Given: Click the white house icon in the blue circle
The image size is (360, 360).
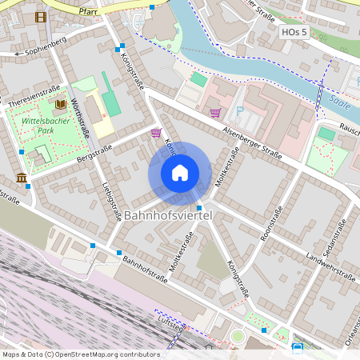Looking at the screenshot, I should pyautogui.click(x=180, y=173).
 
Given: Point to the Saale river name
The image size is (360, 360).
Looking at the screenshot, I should pyautogui.click(x=338, y=100).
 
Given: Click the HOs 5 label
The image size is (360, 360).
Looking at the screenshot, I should pyautogui.click(x=294, y=32).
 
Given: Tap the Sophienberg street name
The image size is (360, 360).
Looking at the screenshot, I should pyautogui.click(x=45, y=50).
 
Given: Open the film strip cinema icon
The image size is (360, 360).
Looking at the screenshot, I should pyautogui.click(x=40, y=16).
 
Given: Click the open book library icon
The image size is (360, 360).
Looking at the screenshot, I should pyautogui.click(x=61, y=104).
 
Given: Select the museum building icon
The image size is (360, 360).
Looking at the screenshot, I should pyautogui.click(x=21, y=177).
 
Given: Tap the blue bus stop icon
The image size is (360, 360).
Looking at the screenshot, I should pyautogui.click(x=297, y=347).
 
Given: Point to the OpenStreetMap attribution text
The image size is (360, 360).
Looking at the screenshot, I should pyautogui.click(x=81, y=354).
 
